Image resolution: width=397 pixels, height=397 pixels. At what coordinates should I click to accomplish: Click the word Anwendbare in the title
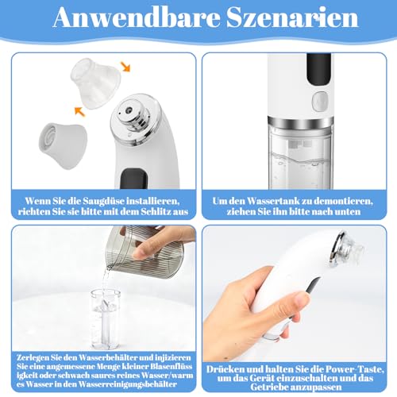137,18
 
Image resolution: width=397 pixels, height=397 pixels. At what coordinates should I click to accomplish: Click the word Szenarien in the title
292,18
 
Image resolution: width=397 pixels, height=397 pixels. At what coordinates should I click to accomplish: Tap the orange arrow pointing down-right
125,66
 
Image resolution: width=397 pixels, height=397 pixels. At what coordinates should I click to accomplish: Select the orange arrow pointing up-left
79,111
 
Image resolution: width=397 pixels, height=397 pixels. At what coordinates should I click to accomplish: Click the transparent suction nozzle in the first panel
96,82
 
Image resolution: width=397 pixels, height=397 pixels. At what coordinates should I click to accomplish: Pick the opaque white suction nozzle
63,145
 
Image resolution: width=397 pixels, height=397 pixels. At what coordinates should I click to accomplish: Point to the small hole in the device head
129,110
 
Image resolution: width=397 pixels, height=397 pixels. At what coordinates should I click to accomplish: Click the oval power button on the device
320,101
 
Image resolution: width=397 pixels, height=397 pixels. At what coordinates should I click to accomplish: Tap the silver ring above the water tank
300,122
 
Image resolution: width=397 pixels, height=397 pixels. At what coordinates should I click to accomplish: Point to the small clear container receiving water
106,319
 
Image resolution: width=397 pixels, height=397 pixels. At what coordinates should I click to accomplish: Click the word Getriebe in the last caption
269,387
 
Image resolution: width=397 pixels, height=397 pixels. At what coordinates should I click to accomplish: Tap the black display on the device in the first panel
133,179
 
